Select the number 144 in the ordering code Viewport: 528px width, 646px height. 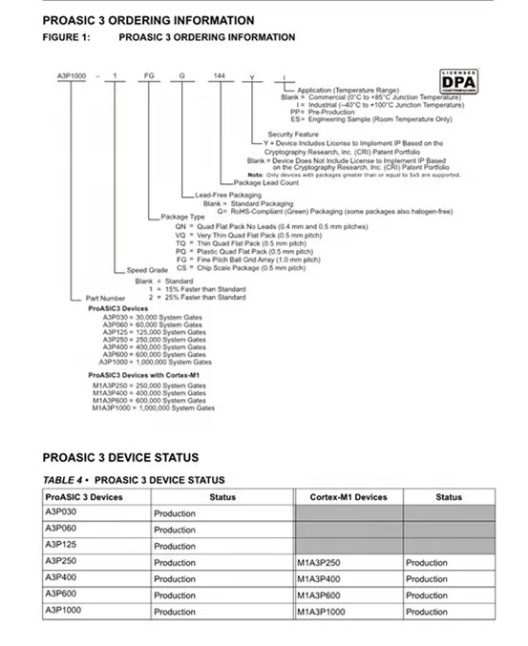220,74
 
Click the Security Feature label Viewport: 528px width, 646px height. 293,135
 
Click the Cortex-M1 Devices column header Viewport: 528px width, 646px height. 348,496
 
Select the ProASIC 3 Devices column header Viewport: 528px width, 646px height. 84,496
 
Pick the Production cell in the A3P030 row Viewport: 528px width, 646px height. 175,513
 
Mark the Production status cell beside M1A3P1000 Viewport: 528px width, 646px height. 426,612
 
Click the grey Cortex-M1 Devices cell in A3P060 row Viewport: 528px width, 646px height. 348,530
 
